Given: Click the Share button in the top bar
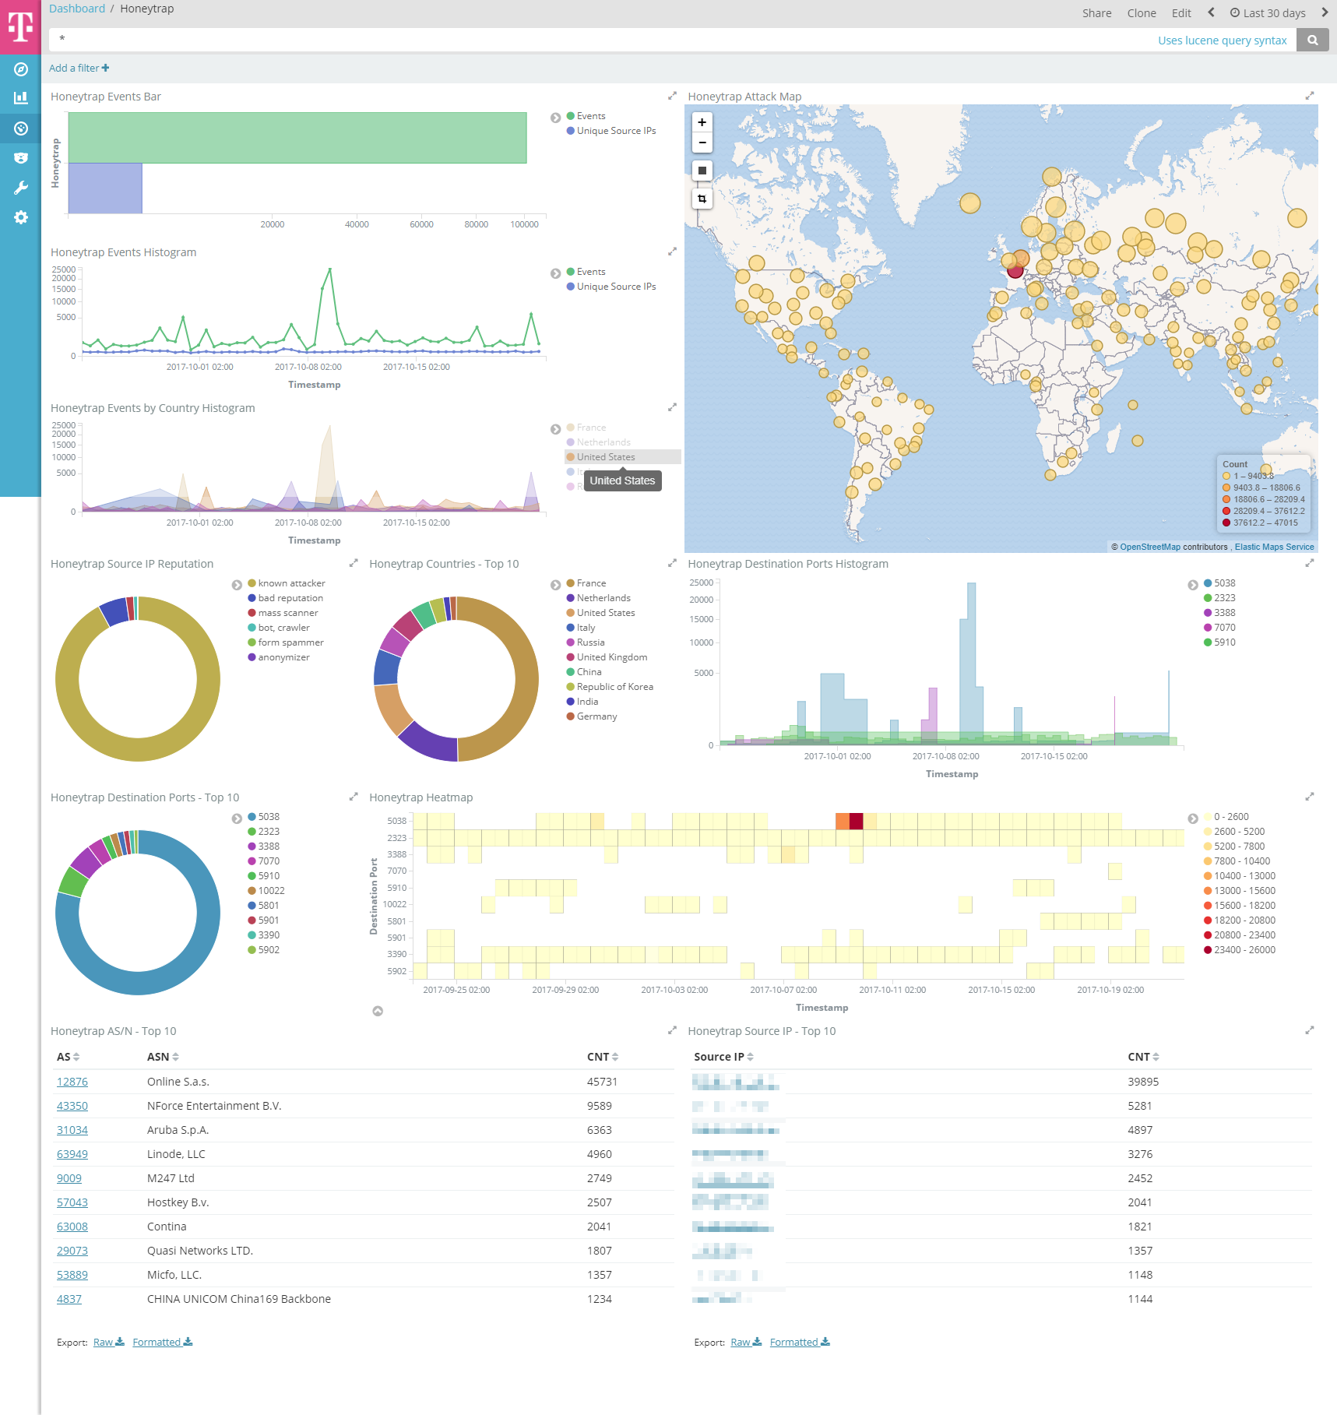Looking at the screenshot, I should click(x=1096, y=13).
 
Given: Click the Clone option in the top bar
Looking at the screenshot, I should click(x=1141, y=13).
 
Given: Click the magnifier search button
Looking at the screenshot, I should click(x=1312, y=40).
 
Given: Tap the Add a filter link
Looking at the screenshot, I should click(x=79, y=69).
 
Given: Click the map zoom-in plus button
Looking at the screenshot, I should click(x=702, y=122).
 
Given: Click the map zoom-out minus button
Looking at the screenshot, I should click(x=702, y=143).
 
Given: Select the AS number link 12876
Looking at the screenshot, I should click(x=72, y=1082).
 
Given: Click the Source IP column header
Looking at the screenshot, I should click(x=723, y=1057).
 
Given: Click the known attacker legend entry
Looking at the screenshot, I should click(x=291, y=583).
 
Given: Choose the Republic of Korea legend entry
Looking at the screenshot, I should click(x=614, y=687).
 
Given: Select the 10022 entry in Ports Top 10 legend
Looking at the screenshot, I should click(x=271, y=891).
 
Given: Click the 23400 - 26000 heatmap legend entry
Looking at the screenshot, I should click(x=1244, y=950).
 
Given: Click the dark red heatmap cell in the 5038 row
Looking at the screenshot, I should click(x=856, y=821).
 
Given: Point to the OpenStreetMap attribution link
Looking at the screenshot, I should click(x=1149, y=547).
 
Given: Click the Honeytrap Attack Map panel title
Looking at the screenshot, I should click(x=744, y=97).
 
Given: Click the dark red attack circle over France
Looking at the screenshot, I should click(x=1015, y=270).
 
